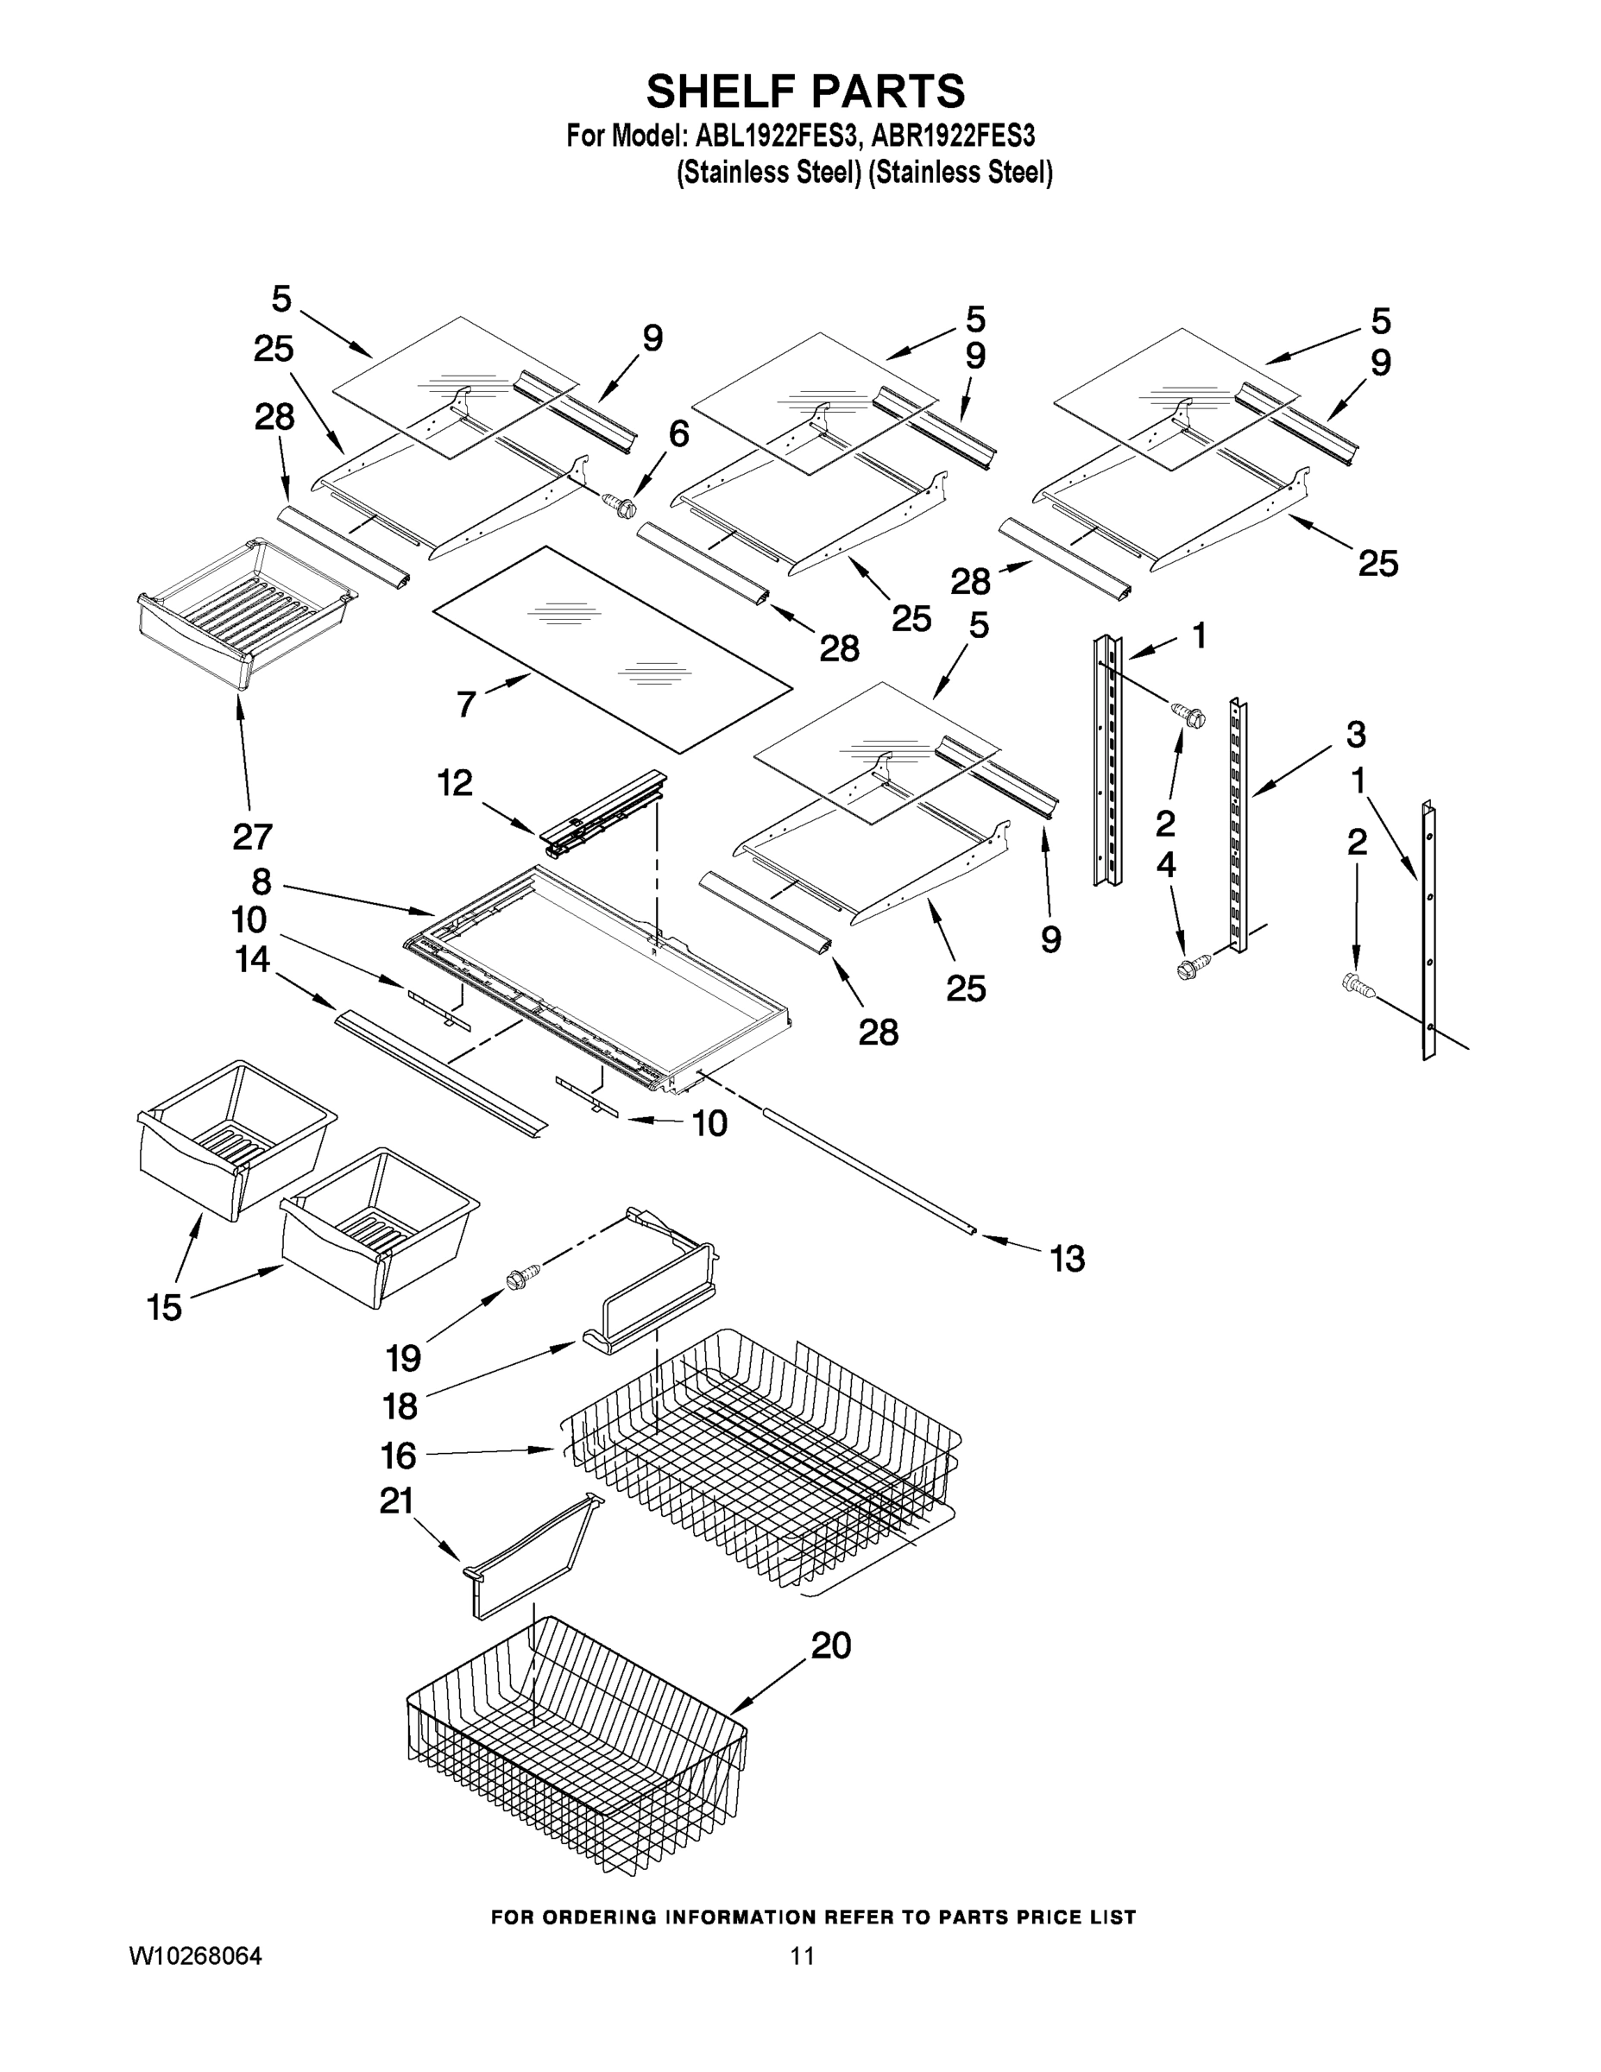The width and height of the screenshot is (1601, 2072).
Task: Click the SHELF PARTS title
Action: pos(805,92)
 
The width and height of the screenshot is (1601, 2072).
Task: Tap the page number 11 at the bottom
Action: pos(803,1956)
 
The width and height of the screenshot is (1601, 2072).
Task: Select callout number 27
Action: pos(252,836)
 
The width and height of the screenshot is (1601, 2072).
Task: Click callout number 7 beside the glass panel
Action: pos(466,704)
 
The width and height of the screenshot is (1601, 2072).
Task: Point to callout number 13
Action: pos(1067,1259)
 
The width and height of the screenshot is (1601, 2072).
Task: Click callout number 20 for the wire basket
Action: pos(831,1644)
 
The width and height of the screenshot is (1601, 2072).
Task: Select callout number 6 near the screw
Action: pos(678,433)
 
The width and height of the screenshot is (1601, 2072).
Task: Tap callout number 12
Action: pos(454,783)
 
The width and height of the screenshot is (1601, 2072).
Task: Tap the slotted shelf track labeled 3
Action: pos(1238,825)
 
